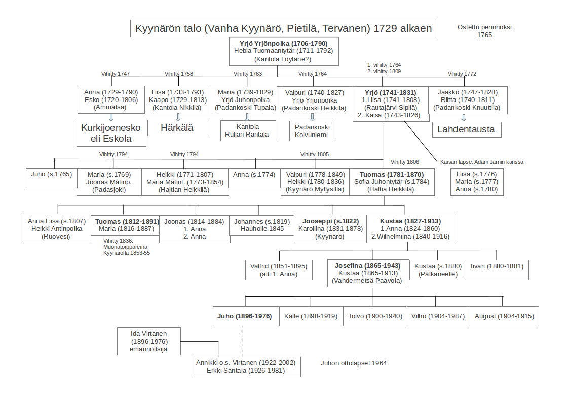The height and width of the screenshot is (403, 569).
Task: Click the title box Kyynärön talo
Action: pos(283,28)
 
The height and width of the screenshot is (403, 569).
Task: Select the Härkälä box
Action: pos(178,127)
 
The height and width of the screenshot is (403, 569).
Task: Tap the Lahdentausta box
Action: pos(467,129)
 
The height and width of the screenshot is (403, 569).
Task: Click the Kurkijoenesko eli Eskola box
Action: pos(111,132)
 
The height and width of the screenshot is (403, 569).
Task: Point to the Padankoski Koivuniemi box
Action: pos(312,130)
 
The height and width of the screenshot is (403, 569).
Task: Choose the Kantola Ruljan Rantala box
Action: pos(248,130)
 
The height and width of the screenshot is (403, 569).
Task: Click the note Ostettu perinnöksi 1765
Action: pos(484,31)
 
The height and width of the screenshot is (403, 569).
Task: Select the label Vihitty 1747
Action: pos(115,74)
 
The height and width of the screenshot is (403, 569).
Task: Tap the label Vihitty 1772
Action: pos(462,74)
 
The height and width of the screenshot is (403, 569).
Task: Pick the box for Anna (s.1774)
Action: pos(254,175)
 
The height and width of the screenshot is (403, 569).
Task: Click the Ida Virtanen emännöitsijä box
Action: pos(149,341)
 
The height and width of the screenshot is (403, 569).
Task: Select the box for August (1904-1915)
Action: pos(504,316)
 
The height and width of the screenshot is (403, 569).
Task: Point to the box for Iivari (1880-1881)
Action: pos(497,266)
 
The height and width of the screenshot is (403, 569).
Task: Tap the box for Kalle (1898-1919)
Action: pos(311,316)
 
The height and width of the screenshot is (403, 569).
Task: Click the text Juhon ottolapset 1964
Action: pos(354,363)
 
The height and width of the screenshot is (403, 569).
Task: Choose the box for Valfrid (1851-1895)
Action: pos(279,270)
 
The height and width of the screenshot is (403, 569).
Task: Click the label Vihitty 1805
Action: pos(314,154)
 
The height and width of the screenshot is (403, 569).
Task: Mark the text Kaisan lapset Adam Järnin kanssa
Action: pos(482,162)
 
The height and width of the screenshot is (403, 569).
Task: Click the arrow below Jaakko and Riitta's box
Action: pos(464,117)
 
